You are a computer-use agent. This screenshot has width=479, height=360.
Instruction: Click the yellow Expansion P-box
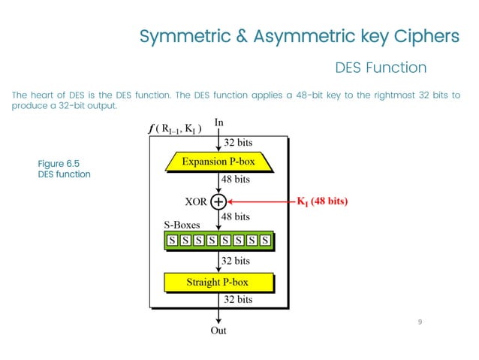[217, 161]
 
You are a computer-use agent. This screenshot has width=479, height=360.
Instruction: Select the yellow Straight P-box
[217, 283]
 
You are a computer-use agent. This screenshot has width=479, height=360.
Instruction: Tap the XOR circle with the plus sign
[218, 201]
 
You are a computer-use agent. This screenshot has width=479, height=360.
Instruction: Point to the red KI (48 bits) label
[323, 201]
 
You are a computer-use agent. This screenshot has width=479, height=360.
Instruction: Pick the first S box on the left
[172, 241]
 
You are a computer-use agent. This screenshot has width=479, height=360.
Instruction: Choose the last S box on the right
[265, 241]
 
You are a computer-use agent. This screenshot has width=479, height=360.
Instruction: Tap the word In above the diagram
[218, 122]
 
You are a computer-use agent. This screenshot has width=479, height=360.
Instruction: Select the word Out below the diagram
[218, 330]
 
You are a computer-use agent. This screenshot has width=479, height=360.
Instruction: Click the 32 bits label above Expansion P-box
[238, 142]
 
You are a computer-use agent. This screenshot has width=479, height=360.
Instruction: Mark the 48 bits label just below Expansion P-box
[235, 180]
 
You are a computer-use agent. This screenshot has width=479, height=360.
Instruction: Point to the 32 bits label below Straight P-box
[238, 299]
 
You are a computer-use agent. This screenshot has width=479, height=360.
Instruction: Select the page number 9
[420, 322]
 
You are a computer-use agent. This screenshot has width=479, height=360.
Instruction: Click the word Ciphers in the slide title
[422, 37]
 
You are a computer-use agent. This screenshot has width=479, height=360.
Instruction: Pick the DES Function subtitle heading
[380, 68]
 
